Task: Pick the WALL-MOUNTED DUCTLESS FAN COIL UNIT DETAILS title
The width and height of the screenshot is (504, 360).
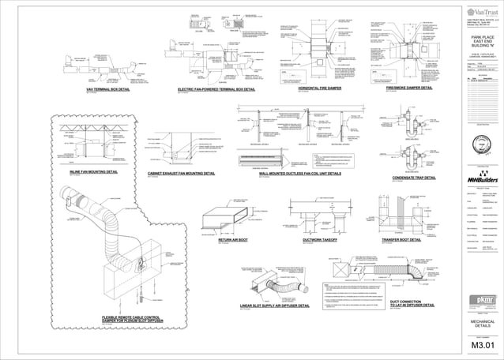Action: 299,171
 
